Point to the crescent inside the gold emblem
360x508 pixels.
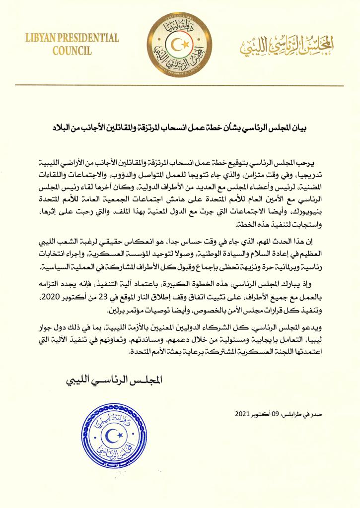click(x=178, y=46)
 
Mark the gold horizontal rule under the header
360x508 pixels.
click(x=180, y=85)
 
